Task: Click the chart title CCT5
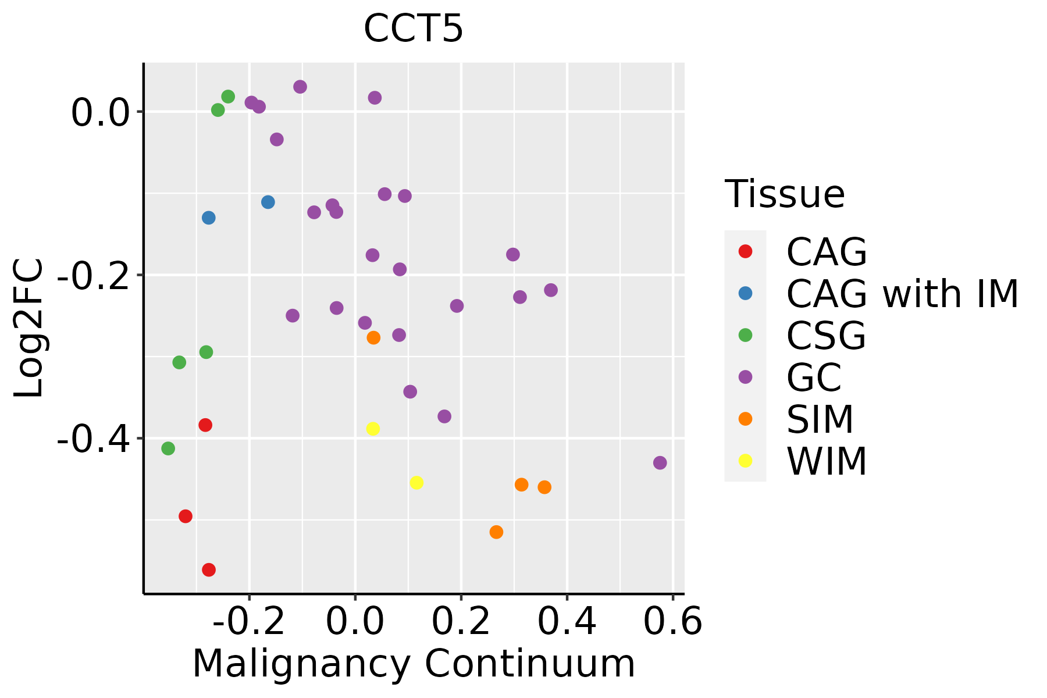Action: pos(413,28)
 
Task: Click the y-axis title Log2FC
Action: pos(29,328)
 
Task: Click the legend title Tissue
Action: pos(785,194)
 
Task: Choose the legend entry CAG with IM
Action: pos(902,294)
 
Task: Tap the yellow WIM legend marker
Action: pos(745,461)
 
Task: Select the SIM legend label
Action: pos(820,419)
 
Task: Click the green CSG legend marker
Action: pos(745,335)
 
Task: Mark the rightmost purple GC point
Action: pos(660,463)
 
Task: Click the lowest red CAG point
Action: pos(209,569)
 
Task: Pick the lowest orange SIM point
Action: pos(496,532)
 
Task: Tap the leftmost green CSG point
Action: pos(168,448)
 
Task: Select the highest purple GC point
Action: pos(300,87)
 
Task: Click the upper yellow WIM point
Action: pos(373,429)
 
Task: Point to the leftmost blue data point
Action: pos(209,218)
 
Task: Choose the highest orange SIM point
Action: pos(373,337)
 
